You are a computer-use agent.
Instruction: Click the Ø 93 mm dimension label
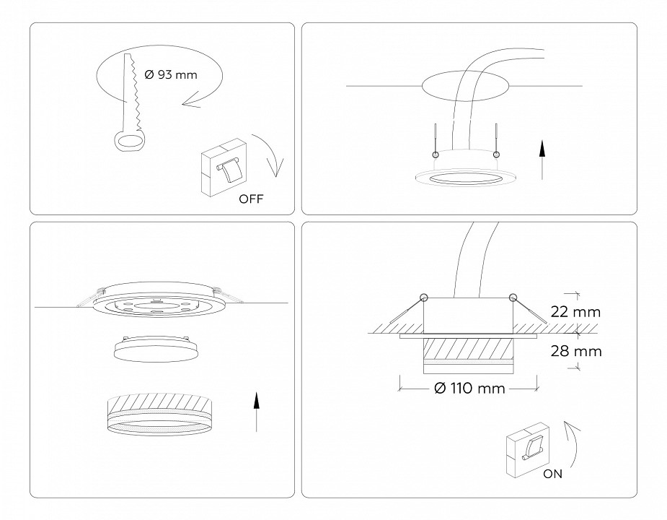171,74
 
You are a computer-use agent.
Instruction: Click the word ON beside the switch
553,474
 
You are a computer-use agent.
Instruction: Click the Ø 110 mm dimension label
469,389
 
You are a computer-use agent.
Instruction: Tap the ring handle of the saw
129,141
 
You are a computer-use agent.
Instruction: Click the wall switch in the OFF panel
225,168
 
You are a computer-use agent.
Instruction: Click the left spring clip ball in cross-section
423,298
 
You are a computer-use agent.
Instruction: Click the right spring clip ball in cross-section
513,298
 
